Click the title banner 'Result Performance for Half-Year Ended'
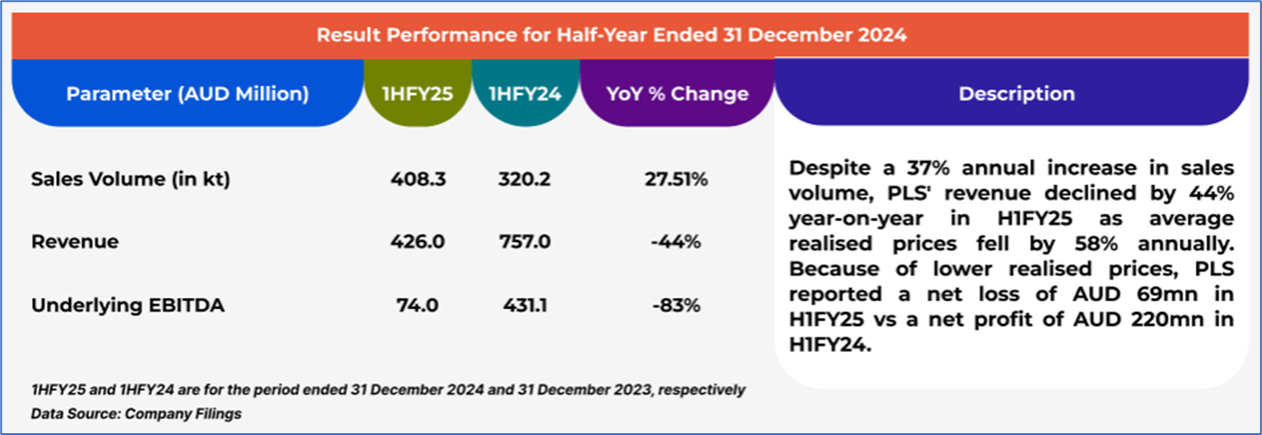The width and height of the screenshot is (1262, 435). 610,35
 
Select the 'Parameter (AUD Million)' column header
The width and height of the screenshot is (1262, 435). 187,94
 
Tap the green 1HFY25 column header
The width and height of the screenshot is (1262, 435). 418,94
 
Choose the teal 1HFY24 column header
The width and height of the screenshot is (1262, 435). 526,94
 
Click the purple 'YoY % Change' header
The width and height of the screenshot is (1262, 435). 677,94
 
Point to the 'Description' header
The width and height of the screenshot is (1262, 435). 1016,94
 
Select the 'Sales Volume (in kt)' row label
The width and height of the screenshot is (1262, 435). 130,180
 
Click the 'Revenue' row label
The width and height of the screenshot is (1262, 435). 75,242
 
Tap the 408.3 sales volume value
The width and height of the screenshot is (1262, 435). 418,180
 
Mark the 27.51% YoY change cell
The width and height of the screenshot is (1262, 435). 677,180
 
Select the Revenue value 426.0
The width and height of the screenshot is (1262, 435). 418,242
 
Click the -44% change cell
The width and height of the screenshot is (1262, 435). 677,242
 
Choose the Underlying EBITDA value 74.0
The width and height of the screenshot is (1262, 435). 418,305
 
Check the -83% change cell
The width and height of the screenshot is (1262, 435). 677,305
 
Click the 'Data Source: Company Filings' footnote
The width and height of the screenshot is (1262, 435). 136,414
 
